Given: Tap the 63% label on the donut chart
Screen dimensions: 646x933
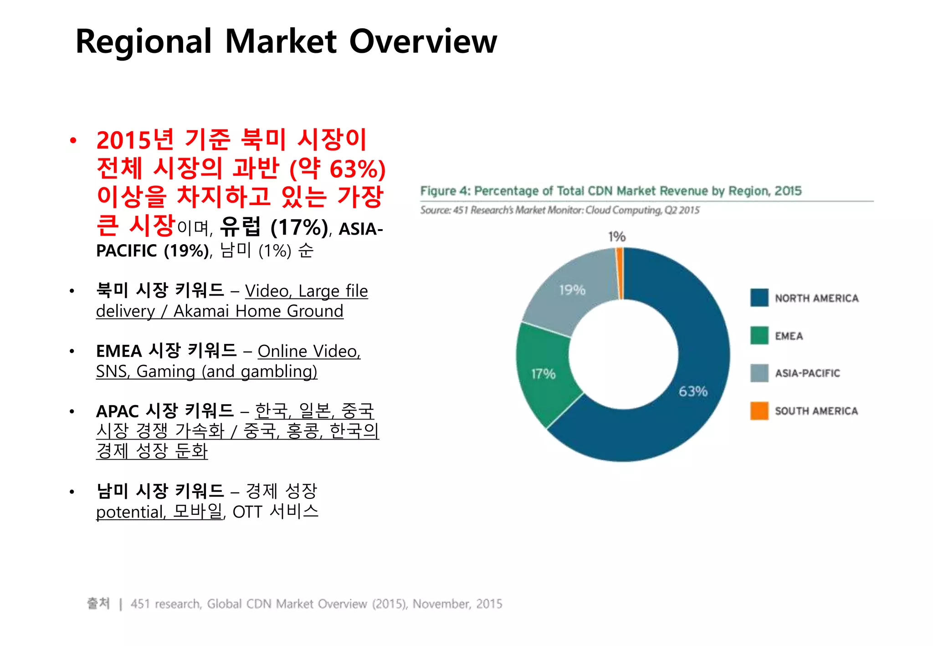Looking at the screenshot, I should pos(693,391).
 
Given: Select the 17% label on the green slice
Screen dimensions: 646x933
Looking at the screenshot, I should pos(543,374).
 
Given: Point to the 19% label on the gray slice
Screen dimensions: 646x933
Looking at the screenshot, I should pos(572,290).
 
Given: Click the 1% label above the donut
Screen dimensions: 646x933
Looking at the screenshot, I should pos(617,236).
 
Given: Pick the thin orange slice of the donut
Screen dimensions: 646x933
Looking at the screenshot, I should pos(620,273).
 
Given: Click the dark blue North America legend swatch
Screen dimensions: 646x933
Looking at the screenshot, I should pos(759,298).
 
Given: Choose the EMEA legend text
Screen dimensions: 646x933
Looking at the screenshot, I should pos(789,336).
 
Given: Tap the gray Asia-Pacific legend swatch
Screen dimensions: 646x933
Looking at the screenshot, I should pos(759,373).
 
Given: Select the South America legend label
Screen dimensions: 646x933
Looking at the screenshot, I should pos(816,411).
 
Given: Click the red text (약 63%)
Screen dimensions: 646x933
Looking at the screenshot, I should pos(338,169).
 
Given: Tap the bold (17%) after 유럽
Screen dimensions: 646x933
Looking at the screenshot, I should pos(299,227).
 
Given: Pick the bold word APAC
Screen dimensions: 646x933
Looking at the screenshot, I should pos(118,411).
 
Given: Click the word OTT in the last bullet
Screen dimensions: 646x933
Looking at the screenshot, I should pos(247,512).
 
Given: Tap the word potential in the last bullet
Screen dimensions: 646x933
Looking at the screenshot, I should pos(130,512).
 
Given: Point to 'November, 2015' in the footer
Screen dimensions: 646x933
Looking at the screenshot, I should pos(457,604).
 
